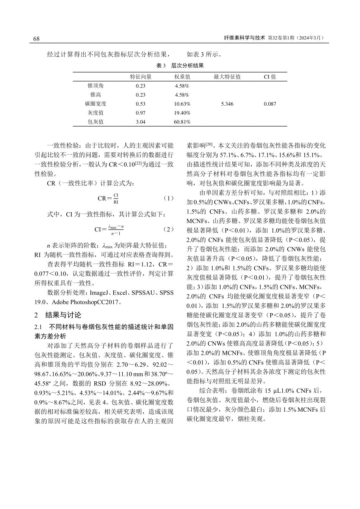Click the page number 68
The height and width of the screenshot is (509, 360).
(37, 39)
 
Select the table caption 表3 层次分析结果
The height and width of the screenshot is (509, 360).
(180, 66)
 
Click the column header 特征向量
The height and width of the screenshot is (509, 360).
(141, 77)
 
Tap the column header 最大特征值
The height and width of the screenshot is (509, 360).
(227, 77)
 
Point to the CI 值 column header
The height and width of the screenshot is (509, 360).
(270, 77)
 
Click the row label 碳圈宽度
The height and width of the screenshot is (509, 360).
(95, 104)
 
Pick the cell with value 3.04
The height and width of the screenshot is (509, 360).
(141, 122)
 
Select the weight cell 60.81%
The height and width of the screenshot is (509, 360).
(182, 122)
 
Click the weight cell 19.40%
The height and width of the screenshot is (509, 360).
(182, 113)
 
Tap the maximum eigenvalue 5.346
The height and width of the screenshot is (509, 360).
(227, 104)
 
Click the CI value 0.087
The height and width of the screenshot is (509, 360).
(270, 104)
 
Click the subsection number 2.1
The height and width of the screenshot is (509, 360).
(38, 327)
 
